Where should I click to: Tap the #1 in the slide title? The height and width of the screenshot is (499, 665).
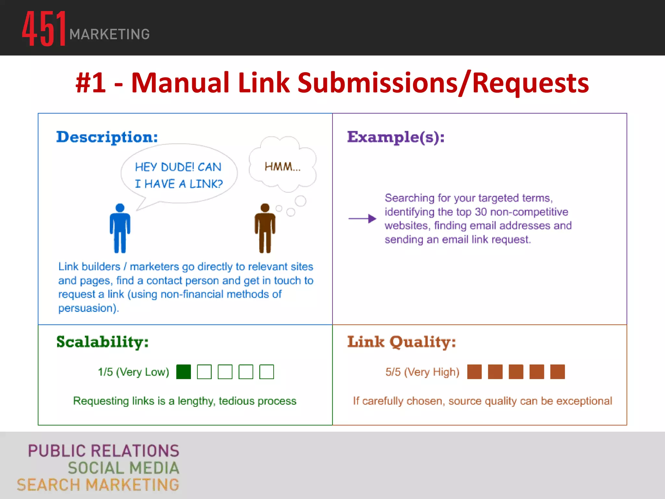pos(91,83)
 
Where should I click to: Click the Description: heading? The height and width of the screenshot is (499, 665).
pos(107,137)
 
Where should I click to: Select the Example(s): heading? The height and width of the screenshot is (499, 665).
pos(395,137)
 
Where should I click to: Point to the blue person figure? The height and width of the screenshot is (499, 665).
pos(120,228)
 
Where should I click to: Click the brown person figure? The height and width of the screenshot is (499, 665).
pos(265,228)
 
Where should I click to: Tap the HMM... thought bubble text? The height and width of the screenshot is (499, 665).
pos(282,167)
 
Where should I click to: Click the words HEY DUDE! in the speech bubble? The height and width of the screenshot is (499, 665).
pos(164,167)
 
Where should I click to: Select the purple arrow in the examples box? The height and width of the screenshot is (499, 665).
pos(362,219)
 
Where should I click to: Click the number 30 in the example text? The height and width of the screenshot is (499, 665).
pos(481,212)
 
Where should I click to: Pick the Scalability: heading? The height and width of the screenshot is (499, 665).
pos(102,342)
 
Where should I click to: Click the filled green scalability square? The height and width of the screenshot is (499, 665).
pos(183,372)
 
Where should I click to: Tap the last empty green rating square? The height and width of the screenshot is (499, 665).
pos(267,372)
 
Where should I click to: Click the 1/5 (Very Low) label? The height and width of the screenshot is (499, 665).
pos(133,372)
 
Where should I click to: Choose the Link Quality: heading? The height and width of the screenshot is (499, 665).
pos(401,342)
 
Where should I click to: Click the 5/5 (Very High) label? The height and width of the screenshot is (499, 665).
pos(422,372)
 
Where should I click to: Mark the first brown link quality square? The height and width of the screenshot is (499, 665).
pos(474,372)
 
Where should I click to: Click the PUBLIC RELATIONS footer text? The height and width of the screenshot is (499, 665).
pos(103,451)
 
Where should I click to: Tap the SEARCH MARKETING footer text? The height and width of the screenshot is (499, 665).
pos(98,485)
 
